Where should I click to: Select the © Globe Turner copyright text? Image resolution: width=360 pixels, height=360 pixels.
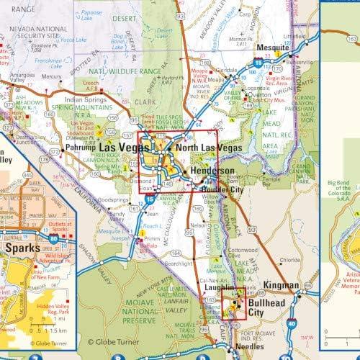(113, 343)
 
